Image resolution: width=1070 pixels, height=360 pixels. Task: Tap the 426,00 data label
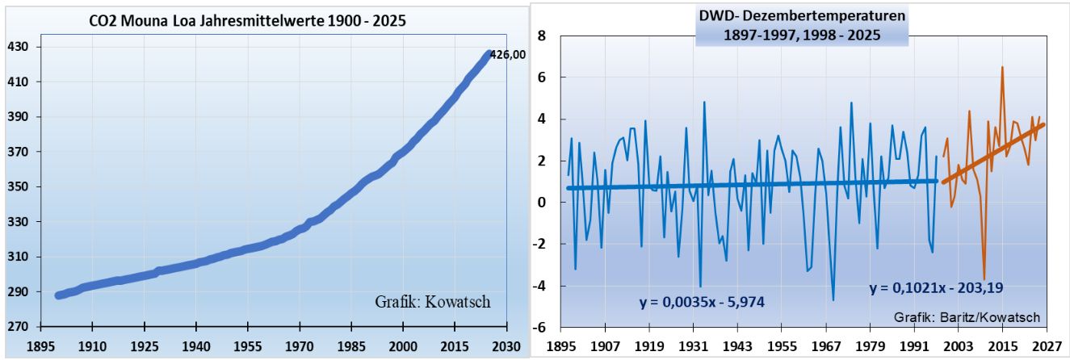[509, 55]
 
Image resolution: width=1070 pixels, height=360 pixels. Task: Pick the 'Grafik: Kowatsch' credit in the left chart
[433, 302]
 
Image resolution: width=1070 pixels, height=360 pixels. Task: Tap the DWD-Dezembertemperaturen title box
[803, 26]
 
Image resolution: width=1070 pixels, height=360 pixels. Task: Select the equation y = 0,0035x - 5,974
[702, 303]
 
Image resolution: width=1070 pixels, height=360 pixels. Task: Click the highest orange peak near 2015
[1002, 67]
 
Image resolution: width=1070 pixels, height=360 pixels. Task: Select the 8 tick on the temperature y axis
[543, 36]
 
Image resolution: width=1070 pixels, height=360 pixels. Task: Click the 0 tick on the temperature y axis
[543, 203]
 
